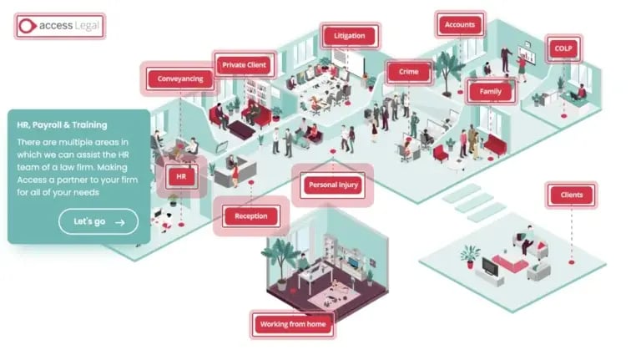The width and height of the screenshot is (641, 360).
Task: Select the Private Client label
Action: (244, 64)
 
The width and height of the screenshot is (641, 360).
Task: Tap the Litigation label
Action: (349, 37)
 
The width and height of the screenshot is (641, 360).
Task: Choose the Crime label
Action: (408, 73)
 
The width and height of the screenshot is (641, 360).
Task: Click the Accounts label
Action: (459, 25)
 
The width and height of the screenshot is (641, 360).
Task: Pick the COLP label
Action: (562, 48)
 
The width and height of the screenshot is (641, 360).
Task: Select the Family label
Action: (489, 91)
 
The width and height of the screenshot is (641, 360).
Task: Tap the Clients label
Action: (572, 196)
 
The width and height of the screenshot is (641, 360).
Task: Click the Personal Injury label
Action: (333, 185)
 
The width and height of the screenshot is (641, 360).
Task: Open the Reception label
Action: (250, 216)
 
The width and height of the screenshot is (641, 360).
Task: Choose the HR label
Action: (180, 177)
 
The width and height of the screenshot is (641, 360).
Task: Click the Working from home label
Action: (291, 324)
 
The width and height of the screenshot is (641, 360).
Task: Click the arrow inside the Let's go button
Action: (120, 221)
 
